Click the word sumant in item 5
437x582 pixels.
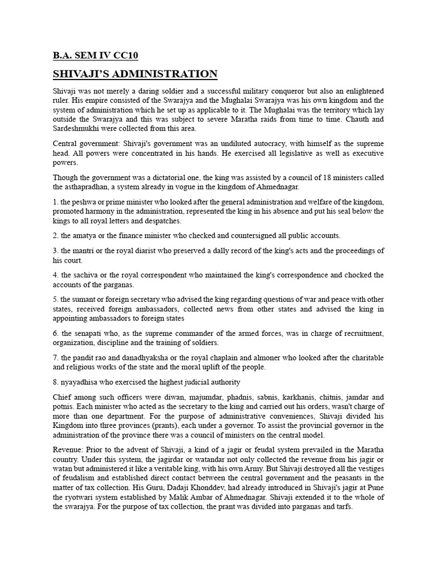tap(88, 300)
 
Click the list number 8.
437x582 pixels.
tap(55, 382)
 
